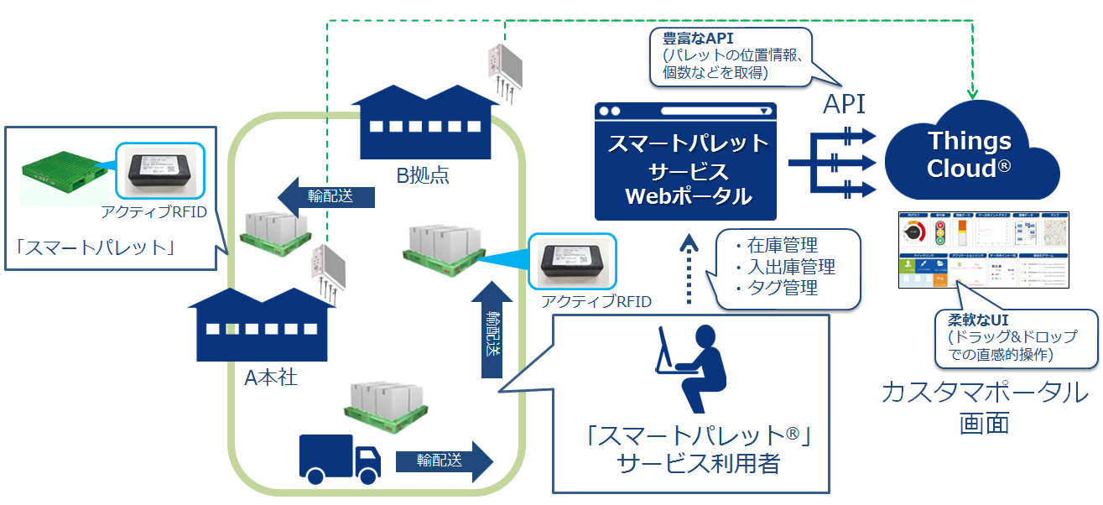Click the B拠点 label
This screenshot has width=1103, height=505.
click(423, 175)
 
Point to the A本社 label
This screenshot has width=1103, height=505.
click(270, 377)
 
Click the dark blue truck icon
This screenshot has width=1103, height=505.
click(339, 459)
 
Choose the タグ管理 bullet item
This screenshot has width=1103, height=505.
click(776, 288)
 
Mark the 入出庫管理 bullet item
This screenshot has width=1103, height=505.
click(784, 267)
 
